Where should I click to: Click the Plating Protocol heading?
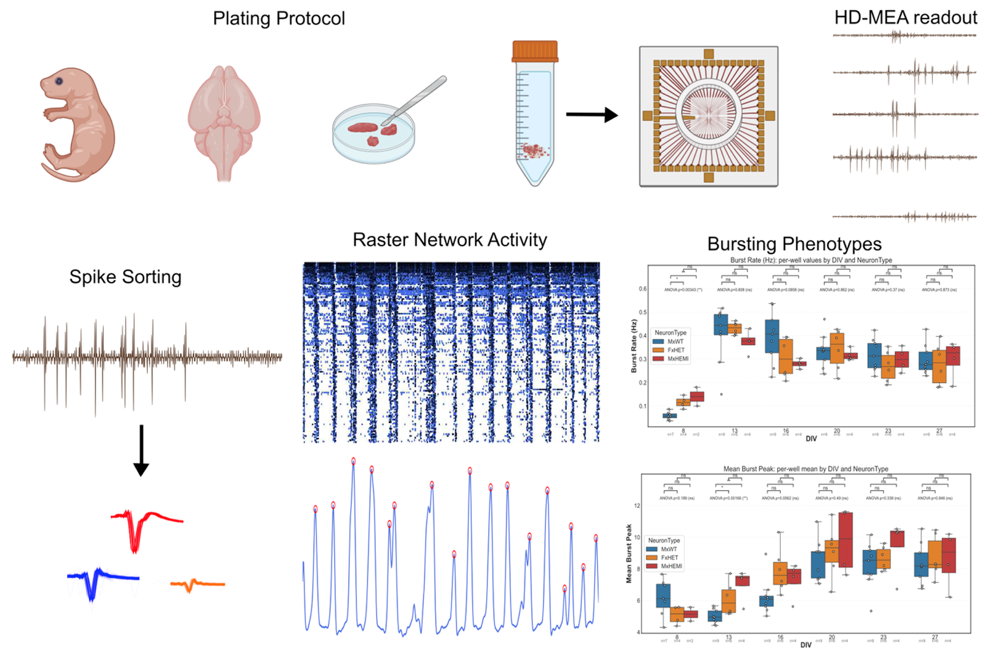279,19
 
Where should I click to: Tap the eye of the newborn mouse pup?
59,81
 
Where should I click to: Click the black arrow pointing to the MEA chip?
591,115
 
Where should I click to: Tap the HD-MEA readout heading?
905,17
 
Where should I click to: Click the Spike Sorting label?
125,277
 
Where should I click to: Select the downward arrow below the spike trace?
141,450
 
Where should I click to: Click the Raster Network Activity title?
449,239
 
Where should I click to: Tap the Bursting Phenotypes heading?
794,244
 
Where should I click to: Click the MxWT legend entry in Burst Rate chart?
675,341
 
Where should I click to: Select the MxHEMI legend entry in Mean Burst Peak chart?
670,566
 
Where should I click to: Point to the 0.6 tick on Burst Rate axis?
643,289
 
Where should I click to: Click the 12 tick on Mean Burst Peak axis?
637,506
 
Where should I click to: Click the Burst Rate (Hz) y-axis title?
634,345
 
